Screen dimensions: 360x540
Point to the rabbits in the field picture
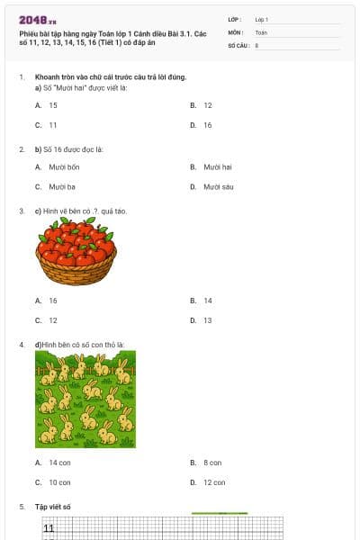[85, 399]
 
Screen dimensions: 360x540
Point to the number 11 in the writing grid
[49, 528]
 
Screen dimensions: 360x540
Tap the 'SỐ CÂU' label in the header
[238, 44]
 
